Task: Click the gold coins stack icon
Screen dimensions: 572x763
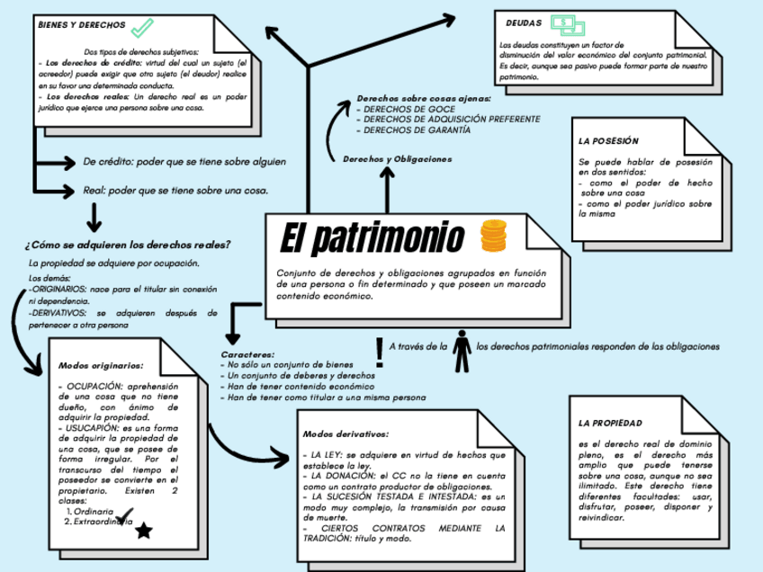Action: tap(493, 236)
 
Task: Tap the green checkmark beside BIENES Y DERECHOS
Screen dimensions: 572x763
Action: tap(142, 27)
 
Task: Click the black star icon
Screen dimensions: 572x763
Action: tap(143, 532)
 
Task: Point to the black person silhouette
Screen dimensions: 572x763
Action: tap(462, 352)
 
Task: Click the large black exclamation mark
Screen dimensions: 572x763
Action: tap(379, 353)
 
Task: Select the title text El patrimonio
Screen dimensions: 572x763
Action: tap(371, 238)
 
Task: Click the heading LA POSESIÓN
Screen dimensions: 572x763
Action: tap(608, 141)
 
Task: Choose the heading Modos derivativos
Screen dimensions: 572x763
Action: tap(346, 433)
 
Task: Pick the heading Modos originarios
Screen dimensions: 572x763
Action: tap(100, 366)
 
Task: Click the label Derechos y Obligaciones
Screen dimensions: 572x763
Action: tap(397, 158)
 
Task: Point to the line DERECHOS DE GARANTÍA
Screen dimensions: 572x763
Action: tap(416, 130)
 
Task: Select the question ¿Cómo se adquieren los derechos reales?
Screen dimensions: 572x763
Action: tap(128, 245)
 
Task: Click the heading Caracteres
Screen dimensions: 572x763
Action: tap(247, 354)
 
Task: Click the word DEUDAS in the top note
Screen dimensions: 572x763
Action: tap(524, 22)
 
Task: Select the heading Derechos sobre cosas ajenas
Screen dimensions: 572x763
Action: tap(424, 97)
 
